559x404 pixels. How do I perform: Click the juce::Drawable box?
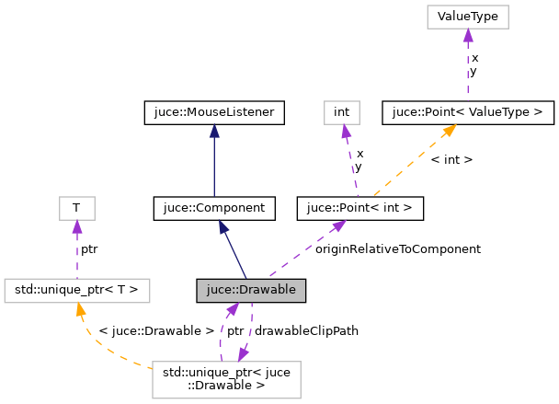pyautogui.click(x=250, y=291)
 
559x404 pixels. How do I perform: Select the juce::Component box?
pyautogui.click(x=214, y=209)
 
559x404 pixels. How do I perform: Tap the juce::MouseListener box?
pyautogui.click(x=214, y=113)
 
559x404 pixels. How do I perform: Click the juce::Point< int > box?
pyautogui.click(x=359, y=209)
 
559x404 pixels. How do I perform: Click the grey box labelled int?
pyautogui.click(x=342, y=113)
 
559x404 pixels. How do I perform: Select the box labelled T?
pyautogui.click(x=76, y=209)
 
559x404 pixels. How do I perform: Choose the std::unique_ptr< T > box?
pyautogui.click(x=76, y=291)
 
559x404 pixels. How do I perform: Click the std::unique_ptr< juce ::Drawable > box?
pyautogui.click(x=226, y=378)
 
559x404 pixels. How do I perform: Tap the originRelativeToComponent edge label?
pyautogui.click(x=398, y=249)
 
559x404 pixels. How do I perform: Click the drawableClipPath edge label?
pyautogui.click(x=306, y=330)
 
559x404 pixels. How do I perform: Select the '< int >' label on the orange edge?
pyautogui.click(x=451, y=160)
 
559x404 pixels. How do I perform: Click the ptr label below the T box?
pyautogui.click(x=89, y=249)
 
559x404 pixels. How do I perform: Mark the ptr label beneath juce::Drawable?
pyautogui.click(x=235, y=330)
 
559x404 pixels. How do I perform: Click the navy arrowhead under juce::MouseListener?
pyautogui.click(x=214, y=132)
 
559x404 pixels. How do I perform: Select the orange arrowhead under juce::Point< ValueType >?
pyautogui.click(x=450, y=131)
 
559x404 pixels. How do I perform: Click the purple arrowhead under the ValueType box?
pyautogui.click(x=467, y=35)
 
